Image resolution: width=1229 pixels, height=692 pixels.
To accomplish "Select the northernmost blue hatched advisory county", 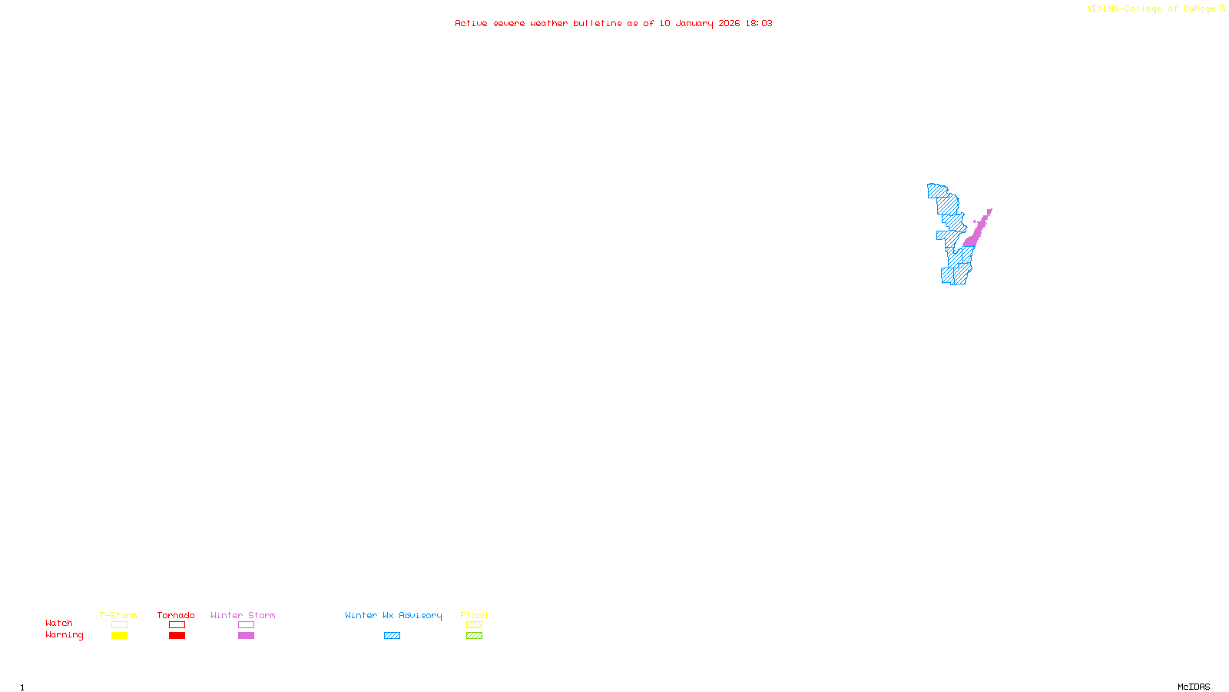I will click(936, 190).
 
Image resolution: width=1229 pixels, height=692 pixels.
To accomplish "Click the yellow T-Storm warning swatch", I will click(119, 636).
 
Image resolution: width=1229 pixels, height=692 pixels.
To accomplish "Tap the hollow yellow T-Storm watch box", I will click(119, 625).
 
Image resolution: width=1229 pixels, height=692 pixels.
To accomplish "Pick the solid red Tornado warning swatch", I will click(177, 636).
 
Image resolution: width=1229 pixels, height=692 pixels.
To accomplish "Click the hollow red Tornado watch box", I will click(177, 625).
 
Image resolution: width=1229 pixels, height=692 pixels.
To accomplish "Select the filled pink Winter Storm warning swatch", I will click(246, 636).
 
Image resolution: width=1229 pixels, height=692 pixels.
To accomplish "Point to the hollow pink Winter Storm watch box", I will click(246, 625).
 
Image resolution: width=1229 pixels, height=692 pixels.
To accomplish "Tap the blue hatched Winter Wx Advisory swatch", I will click(392, 636).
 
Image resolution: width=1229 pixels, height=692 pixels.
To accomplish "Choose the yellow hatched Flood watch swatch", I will click(474, 625).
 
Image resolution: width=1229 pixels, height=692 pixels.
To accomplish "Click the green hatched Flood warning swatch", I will click(474, 636).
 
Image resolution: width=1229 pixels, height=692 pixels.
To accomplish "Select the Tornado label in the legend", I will click(176, 615).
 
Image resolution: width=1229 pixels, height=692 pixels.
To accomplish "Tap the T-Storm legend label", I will click(118, 615).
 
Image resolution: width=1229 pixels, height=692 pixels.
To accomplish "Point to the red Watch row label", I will click(59, 623).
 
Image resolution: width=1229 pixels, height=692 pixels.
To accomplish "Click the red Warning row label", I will click(64, 635).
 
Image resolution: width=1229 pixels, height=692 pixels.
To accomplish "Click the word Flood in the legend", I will click(474, 615).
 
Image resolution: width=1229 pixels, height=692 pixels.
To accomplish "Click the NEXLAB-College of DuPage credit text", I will click(1151, 9).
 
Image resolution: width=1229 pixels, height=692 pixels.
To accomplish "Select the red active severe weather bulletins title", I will click(614, 23).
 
